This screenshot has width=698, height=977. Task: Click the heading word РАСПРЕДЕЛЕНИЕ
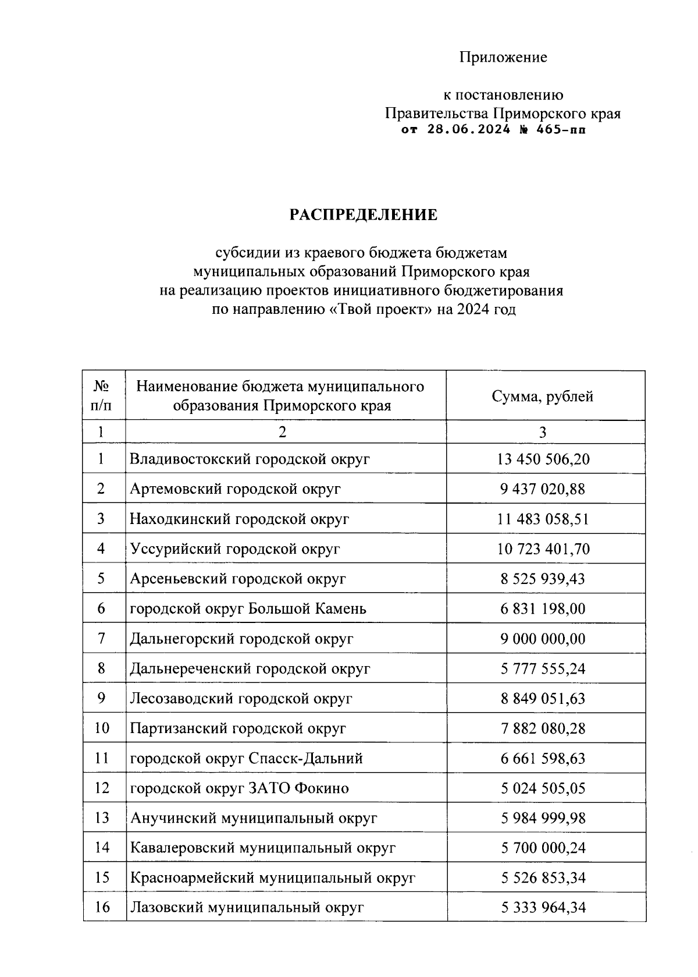(364, 215)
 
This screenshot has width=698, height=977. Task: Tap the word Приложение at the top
(503, 57)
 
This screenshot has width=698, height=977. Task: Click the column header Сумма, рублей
(543, 397)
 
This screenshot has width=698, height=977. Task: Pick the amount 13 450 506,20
(543, 459)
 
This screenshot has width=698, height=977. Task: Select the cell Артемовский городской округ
(235, 489)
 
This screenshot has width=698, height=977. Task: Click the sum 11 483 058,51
(543, 519)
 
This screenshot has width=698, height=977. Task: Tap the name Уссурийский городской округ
(235, 549)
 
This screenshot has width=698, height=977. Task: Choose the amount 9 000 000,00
(543, 639)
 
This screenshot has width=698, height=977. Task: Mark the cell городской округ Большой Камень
(248, 609)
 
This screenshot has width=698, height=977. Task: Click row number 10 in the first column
(102, 728)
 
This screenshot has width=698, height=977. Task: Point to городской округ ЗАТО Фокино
(239, 788)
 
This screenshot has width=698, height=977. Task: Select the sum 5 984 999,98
(543, 818)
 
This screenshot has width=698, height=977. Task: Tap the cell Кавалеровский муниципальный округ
(263, 848)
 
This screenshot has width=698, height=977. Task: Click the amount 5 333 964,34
(543, 907)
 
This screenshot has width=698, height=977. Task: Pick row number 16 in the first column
(102, 907)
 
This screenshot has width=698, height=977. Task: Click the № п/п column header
(102, 396)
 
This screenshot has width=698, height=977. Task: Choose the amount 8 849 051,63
(543, 699)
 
